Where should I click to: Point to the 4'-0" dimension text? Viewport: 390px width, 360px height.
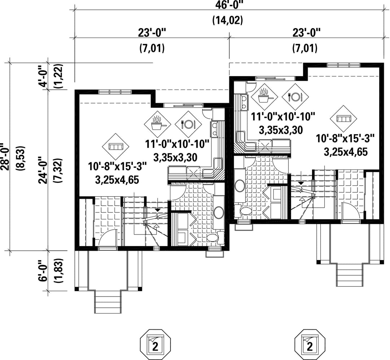43,78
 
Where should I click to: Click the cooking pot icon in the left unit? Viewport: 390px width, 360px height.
158,122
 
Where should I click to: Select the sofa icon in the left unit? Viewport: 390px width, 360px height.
116,146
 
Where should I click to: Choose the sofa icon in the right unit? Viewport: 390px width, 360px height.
343,119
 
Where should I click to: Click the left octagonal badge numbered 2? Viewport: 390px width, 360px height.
155,345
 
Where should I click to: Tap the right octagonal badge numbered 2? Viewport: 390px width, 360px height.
310,345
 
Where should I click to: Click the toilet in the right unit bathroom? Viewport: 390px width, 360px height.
244,211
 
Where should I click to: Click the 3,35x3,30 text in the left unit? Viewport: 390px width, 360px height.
175,157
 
